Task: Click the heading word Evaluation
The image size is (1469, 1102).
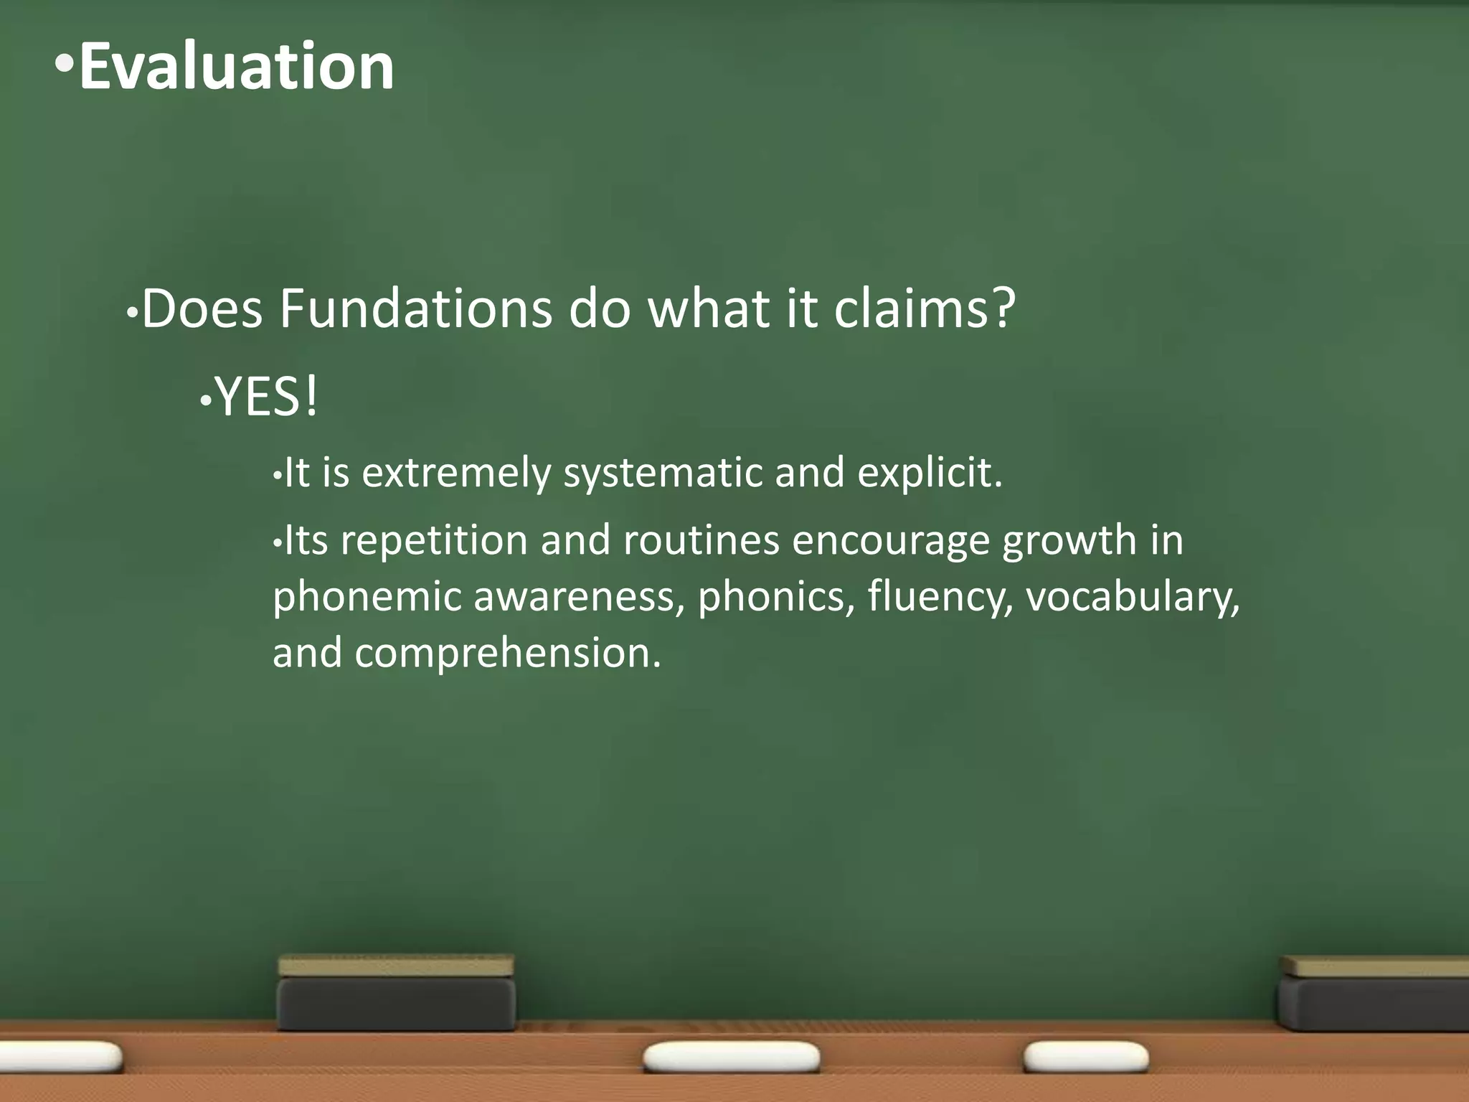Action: point(237,66)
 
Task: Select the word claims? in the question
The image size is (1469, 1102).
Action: point(925,309)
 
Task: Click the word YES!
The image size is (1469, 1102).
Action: point(266,397)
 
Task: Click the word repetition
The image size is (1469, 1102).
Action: point(434,541)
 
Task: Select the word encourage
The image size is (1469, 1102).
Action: point(890,541)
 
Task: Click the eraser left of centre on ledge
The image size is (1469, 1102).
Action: point(396,994)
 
